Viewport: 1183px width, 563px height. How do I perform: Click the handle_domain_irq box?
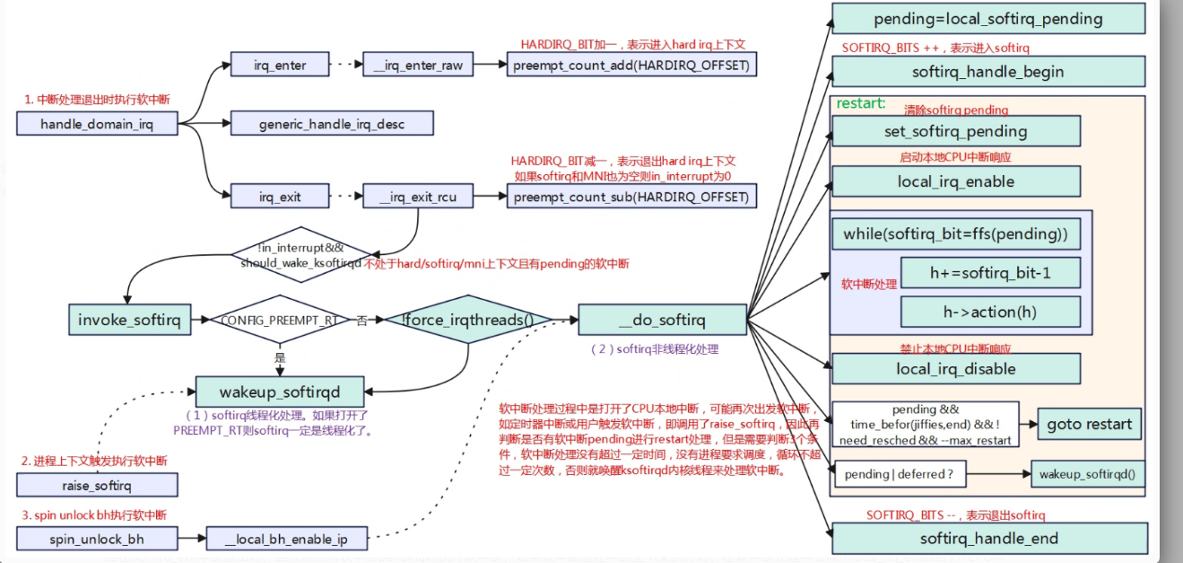pyautogui.click(x=97, y=125)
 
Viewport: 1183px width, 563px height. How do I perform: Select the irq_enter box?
pyautogui.click(x=280, y=66)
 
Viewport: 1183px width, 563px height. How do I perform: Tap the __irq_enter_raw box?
pyautogui.click(x=418, y=66)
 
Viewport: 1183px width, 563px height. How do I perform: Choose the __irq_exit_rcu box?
pyautogui.click(x=417, y=197)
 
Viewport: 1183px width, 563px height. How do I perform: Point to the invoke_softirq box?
pyautogui.click(x=130, y=321)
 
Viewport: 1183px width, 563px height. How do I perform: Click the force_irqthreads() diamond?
pyautogui.click(x=469, y=320)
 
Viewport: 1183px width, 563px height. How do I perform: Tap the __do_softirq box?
pyautogui.click(x=661, y=321)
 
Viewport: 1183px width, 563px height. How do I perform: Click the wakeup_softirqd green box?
pyautogui.click(x=280, y=391)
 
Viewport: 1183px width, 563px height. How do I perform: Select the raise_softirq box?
pyautogui.click(x=97, y=486)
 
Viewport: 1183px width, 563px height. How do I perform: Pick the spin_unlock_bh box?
pyautogui.click(x=97, y=539)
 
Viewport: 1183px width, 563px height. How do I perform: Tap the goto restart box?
pyautogui.click(x=1090, y=424)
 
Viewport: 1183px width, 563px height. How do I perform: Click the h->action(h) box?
pyautogui.click(x=990, y=312)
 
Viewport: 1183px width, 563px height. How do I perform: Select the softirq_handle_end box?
pyautogui.click(x=988, y=539)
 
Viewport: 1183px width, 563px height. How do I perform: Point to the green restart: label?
pyautogui.click(x=860, y=104)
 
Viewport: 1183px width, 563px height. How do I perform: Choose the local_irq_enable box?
pyautogui.click(x=956, y=181)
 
